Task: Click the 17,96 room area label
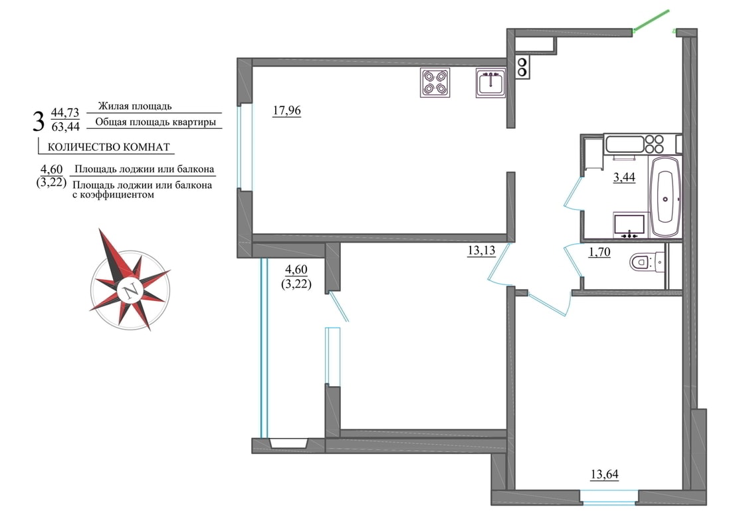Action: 286,111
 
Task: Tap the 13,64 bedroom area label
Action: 604,474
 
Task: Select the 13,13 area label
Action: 481,251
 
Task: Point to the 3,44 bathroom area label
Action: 624,177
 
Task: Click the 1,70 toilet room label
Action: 599,253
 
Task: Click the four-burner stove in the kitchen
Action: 435,82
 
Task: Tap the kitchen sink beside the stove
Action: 491,83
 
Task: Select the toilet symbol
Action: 647,262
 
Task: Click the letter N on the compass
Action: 130,290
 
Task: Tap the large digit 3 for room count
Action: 39,121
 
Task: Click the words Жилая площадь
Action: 135,106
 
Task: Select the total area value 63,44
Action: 66,127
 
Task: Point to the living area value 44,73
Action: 65,112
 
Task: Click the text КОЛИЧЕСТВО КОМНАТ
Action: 108,148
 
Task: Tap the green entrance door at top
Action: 651,21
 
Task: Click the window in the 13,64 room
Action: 609,496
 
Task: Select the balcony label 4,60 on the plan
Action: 296,269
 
